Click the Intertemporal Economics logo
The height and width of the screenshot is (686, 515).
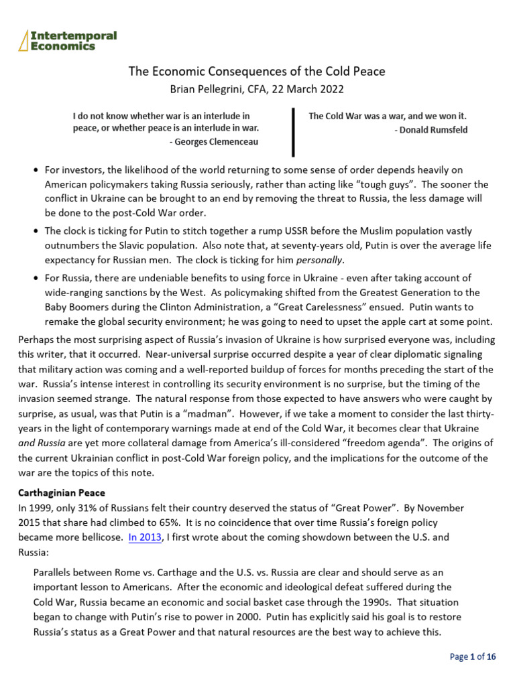(x=68, y=40)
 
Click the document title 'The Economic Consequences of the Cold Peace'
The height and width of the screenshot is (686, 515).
(x=257, y=71)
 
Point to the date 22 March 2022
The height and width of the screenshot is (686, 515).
(x=299, y=88)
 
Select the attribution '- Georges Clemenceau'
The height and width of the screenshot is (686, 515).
(x=215, y=141)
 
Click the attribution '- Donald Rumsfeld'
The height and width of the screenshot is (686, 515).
(x=431, y=130)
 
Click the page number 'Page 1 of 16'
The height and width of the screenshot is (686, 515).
(x=472, y=657)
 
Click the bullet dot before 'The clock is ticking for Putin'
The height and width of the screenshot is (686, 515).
(x=36, y=231)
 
